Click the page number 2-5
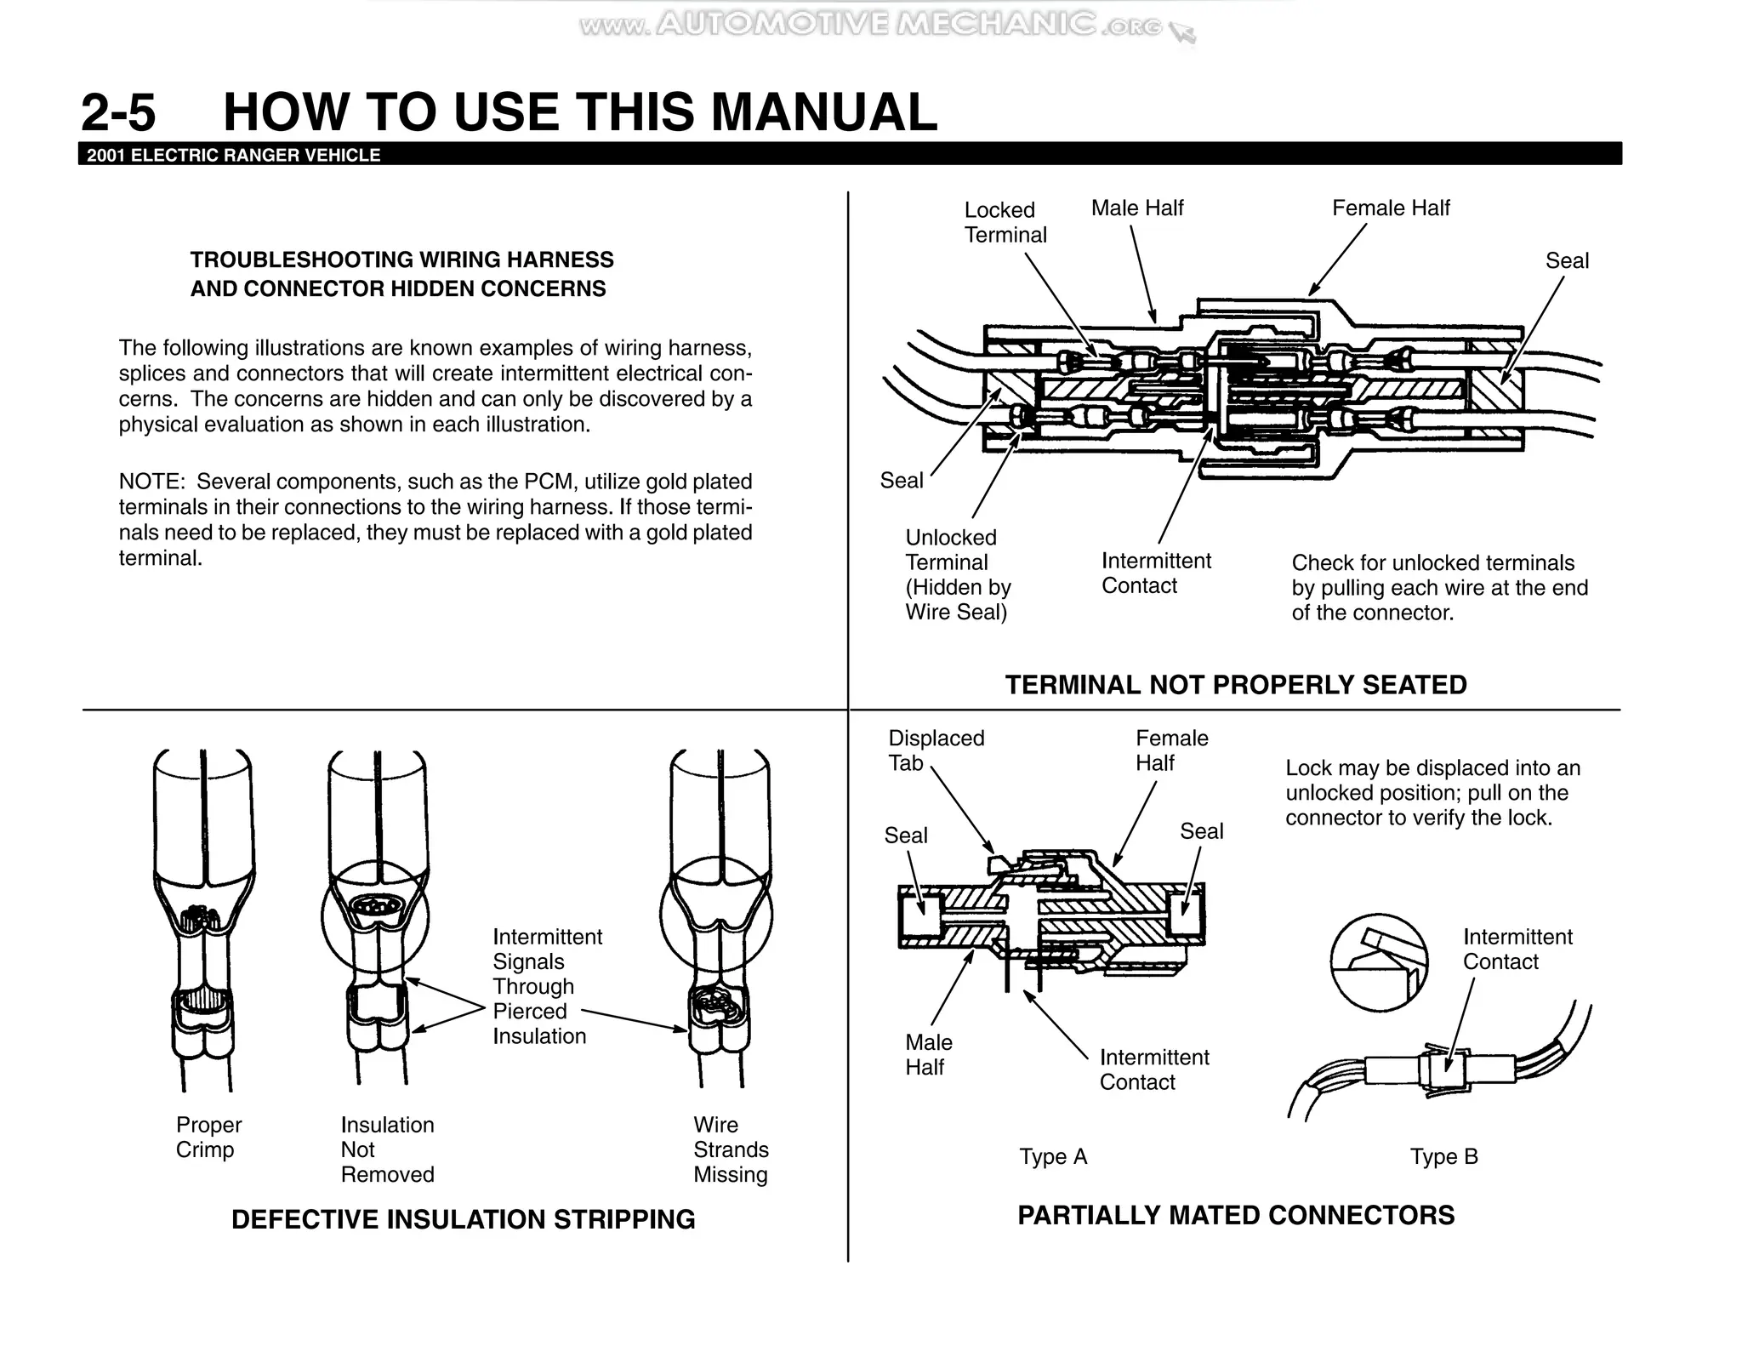click(118, 113)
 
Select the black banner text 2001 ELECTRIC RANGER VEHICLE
click(234, 156)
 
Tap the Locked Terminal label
click(1005, 222)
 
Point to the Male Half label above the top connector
click(1136, 208)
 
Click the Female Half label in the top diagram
click(1390, 208)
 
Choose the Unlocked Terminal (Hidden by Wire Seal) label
click(958, 574)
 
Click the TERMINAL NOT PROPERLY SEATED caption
click(1235, 685)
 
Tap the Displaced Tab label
click(936, 750)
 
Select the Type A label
click(1053, 1157)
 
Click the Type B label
click(1443, 1157)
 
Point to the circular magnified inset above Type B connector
click(1379, 962)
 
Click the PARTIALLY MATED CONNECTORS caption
click(1235, 1215)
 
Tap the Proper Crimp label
click(208, 1137)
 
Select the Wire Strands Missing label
click(730, 1149)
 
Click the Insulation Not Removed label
click(387, 1149)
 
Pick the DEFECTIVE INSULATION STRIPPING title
click(463, 1219)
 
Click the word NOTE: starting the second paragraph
click(151, 482)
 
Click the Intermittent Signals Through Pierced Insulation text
click(546, 986)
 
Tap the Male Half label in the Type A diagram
click(928, 1055)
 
